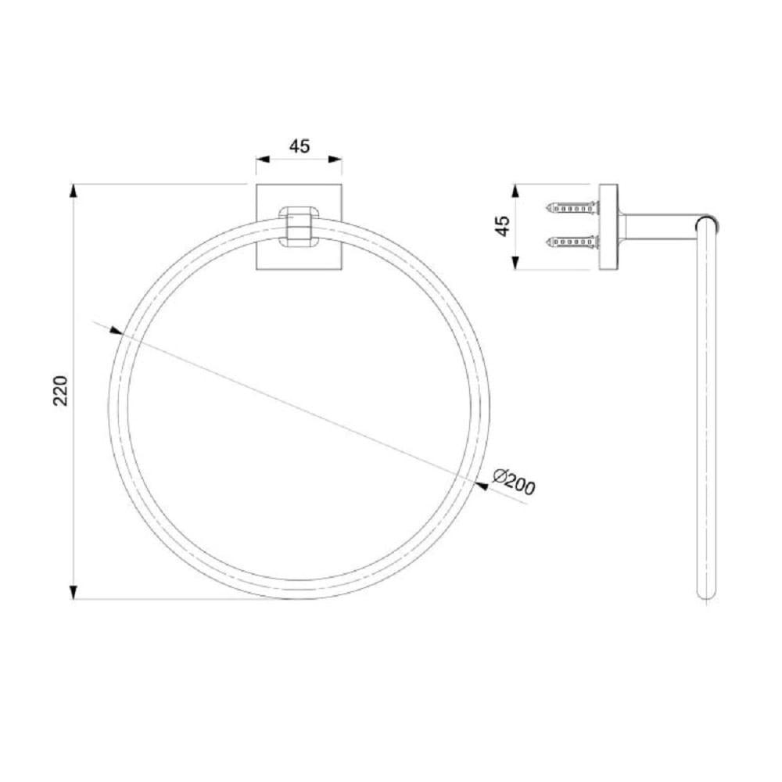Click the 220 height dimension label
pyautogui.click(x=62, y=390)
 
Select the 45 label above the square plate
pyautogui.click(x=300, y=146)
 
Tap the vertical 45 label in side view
pyautogui.click(x=503, y=226)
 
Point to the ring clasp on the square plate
pyautogui.click(x=299, y=226)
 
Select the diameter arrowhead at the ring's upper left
pyautogui.click(x=117, y=332)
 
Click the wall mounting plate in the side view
pyautogui.click(x=608, y=227)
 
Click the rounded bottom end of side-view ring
pyautogui.click(x=706, y=594)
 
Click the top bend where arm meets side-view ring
pyautogui.click(x=707, y=220)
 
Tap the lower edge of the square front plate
pyautogui.click(x=299, y=270)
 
